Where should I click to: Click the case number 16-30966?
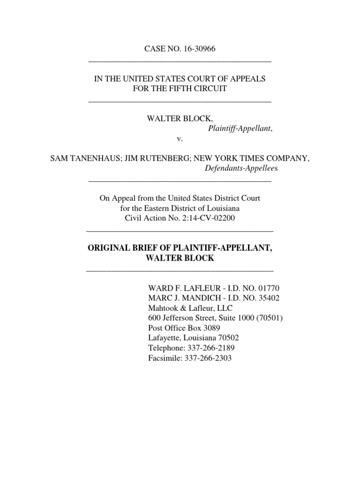[198, 50]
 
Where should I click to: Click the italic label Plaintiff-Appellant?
[239, 128]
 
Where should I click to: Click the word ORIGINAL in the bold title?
[109, 248]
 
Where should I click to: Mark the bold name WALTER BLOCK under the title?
[180, 258]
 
